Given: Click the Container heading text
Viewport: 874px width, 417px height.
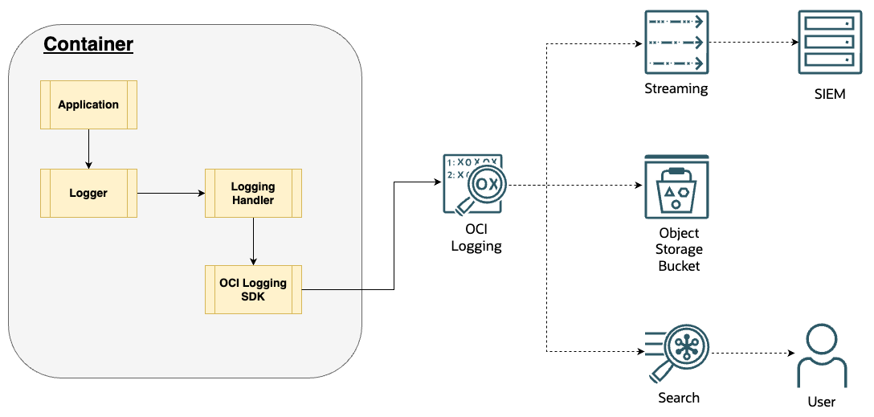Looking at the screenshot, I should [x=88, y=44].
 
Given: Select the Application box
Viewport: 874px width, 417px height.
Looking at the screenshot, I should [x=88, y=104].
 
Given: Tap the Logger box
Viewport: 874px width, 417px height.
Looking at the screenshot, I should [x=88, y=193].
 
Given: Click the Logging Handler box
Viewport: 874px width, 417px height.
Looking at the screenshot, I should [x=253, y=193].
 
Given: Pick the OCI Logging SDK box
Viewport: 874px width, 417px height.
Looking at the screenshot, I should [x=253, y=289].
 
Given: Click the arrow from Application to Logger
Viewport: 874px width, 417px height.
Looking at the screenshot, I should [x=88, y=149].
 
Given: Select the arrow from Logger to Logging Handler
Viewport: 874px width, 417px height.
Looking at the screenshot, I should [x=170, y=193].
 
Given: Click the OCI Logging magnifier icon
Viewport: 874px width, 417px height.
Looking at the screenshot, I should [x=473, y=186].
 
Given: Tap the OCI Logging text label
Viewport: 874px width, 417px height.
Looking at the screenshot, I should [x=476, y=238].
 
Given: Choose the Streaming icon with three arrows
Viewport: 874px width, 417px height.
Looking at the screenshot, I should [x=676, y=43].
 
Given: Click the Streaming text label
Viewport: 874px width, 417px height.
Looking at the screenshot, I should [x=676, y=88].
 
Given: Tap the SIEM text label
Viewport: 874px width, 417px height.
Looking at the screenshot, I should [x=829, y=94].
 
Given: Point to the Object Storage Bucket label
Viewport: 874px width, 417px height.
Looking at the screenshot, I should [x=679, y=249].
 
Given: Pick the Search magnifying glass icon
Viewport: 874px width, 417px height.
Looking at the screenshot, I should [x=675, y=354].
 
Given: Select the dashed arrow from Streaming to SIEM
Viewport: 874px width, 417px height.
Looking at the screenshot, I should [x=751, y=43].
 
